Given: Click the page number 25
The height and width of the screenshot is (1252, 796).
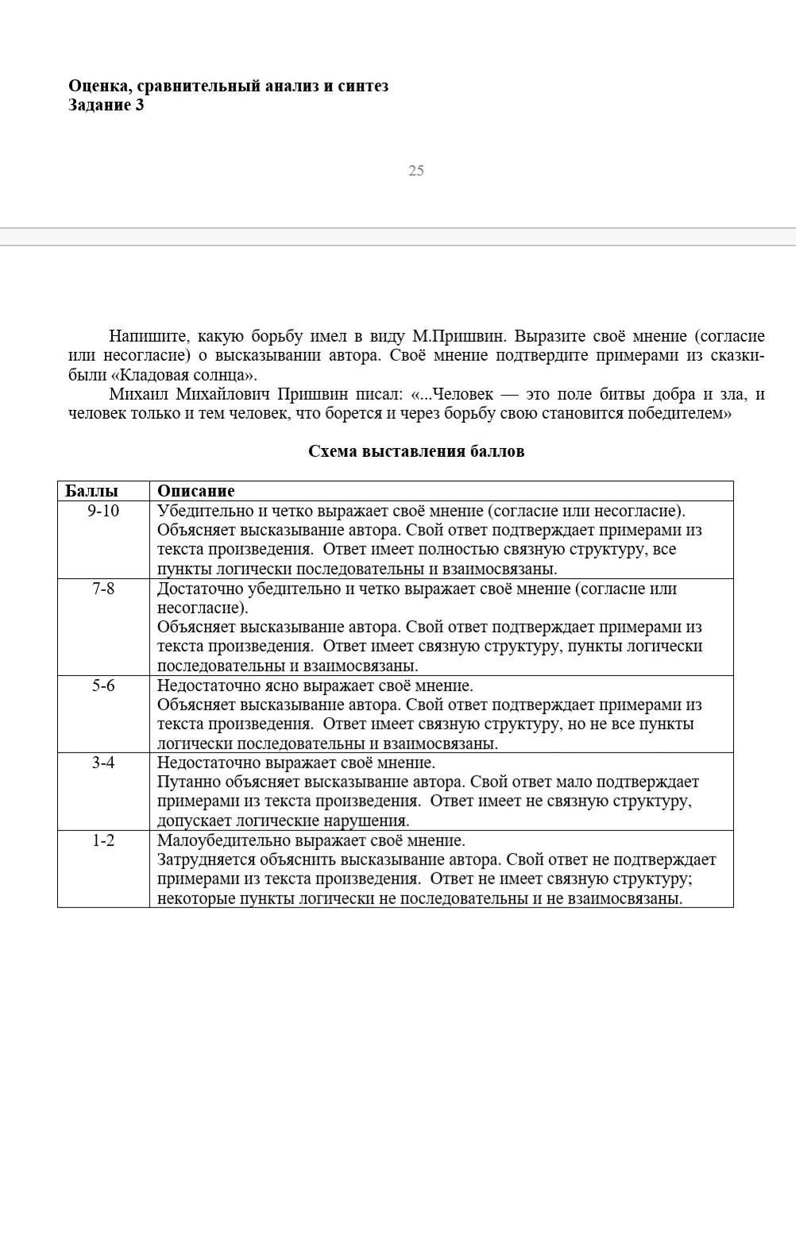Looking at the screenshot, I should (x=416, y=171).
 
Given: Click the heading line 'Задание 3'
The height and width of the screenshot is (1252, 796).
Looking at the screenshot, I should (x=106, y=106).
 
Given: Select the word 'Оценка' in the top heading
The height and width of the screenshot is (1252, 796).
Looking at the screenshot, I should (x=99, y=86).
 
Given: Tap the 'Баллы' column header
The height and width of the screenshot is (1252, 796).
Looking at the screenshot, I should (x=91, y=491).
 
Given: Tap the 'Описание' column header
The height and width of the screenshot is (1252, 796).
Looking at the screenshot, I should (x=195, y=491).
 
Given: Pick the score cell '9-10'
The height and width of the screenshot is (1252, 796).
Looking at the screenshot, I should (x=103, y=511).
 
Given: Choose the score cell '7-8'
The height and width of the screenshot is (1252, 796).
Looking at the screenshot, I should (x=103, y=589).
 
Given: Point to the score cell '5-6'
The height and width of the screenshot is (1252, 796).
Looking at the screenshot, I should (x=103, y=686).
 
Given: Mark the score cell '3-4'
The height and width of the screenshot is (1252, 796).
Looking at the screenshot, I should (x=103, y=763).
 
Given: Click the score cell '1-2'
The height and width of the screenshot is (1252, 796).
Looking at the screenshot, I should (x=103, y=840).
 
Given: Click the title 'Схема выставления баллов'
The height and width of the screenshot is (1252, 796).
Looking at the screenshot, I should (x=416, y=452).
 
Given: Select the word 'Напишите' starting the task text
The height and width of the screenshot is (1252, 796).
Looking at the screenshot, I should (x=145, y=336).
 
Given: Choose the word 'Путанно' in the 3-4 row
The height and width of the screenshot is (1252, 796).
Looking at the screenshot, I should (x=184, y=782).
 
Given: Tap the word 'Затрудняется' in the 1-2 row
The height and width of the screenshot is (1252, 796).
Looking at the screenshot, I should (x=206, y=860).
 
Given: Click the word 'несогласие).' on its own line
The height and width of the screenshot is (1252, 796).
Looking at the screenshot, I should (x=203, y=609).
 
